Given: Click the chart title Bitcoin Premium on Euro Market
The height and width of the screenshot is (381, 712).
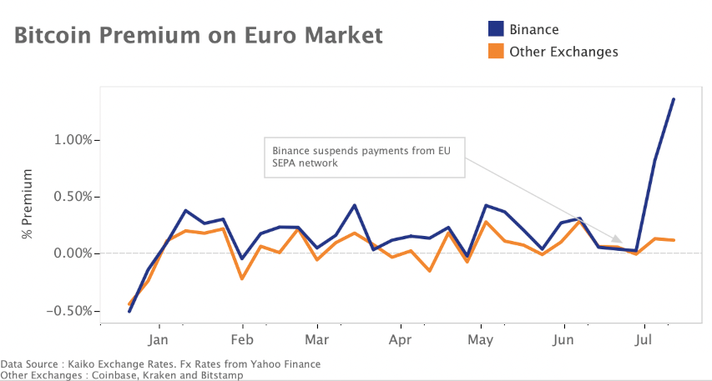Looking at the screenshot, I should tap(199, 36).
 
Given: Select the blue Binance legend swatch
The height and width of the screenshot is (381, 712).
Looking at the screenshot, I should tap(496, 30).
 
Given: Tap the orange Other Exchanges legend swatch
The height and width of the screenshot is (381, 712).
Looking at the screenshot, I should tap(496, 52).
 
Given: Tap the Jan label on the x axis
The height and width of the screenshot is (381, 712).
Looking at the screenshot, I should tap(159, 340).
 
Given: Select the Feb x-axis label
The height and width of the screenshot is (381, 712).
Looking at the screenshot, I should tap(242, 340).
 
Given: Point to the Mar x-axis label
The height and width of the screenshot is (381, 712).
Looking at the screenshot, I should tap(316, 340).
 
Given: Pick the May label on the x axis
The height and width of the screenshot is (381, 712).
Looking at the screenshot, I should tap(481, 340).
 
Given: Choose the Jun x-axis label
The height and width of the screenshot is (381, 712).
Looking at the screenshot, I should tap(563, 340).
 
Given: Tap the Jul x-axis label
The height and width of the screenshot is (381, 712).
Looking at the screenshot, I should tap(644, 340).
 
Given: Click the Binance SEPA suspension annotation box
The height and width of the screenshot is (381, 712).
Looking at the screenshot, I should tap(364, 158).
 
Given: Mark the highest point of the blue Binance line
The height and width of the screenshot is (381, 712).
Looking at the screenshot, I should tap(674, 99).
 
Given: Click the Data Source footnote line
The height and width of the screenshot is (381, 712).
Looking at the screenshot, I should tap(160, 364).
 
